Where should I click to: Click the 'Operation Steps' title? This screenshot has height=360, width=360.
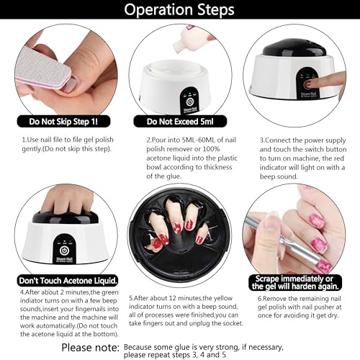(x=179, y=9)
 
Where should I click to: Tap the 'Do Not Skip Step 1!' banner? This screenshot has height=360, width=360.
(x=63, y=122)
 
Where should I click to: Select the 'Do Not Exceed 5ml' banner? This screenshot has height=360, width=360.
(x=180, y=122)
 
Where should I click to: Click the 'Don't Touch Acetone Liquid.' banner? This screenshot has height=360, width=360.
(x=68, y=281)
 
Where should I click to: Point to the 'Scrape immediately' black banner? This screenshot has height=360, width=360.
(x=295, y=282)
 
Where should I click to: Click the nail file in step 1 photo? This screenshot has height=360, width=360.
(x=43, y=69)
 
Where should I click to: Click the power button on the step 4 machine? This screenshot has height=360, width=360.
(x=64, y=251)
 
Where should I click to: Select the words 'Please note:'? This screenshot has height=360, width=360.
(x=90, y=348)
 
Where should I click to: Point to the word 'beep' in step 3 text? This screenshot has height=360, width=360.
(x=268, y=176)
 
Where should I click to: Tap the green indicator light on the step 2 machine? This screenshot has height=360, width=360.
(x=189, y=94)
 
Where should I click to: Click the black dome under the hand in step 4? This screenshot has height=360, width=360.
(x=66, y=218)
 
